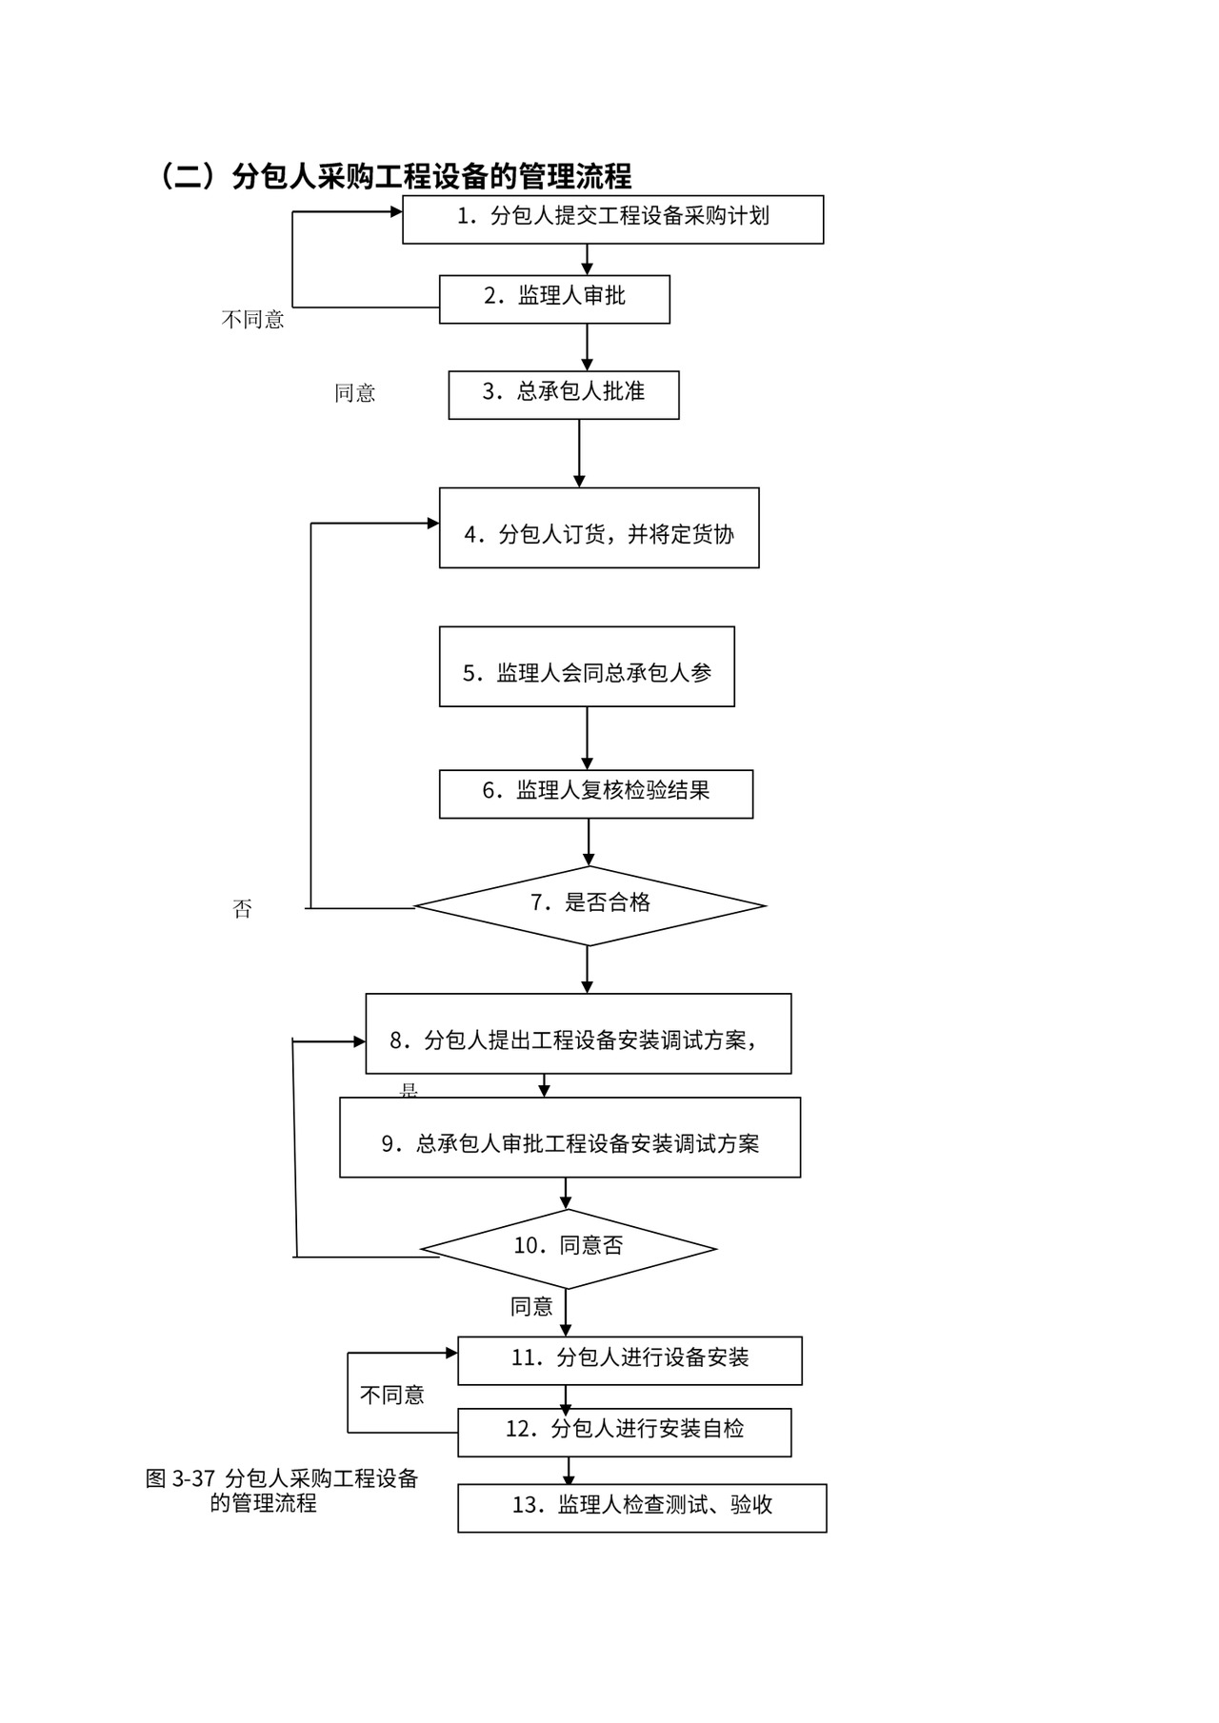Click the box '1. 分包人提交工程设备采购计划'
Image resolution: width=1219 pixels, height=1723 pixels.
[x=612, y=219]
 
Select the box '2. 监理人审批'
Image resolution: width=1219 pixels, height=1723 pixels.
[x=554, y=299]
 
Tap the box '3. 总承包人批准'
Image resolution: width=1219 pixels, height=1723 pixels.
[x=564, y=394]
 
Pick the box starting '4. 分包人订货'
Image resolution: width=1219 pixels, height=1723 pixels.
[x=599, y=528]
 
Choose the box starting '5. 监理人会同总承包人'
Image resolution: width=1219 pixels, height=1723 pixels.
[x=587, y=666]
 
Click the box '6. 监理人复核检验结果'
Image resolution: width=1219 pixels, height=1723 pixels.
[x=596, y=794]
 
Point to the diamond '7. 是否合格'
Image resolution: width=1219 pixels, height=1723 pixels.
[x=590, y=905]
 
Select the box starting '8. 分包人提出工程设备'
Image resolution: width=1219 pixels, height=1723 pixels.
[x=578, y=1034]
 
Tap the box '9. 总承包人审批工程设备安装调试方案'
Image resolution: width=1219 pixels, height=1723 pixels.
[x=570, y=1138]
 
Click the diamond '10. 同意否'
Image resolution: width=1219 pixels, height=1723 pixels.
[x=569, y=1248]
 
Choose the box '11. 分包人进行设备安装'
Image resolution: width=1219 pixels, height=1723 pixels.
[x=629, y=1360]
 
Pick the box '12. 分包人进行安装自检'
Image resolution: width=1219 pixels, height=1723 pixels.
[x=624, y=1432]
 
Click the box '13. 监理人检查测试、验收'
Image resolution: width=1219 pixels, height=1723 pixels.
[x=642, y=1508]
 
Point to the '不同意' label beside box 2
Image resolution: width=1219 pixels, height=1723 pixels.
[x=253, y=320]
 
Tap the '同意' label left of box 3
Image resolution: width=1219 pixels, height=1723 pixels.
[x=354, y=393]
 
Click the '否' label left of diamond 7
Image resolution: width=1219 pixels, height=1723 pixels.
[x=242, y=909]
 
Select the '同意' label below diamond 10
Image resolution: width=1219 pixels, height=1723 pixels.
[x=531, y=1307]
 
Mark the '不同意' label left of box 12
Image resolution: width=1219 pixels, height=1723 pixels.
[x=391, y=1396]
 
